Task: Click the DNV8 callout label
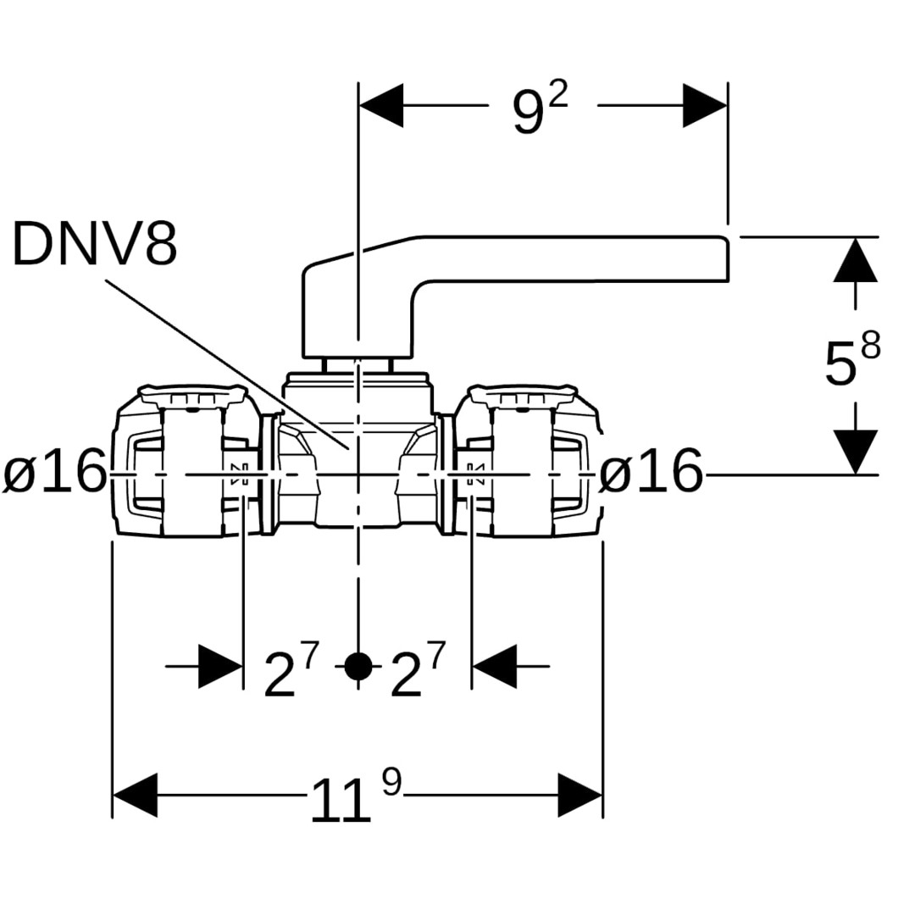(x=95, y=244)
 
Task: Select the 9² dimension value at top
(x=540, y=110)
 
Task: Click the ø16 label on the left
(x=56, y=472)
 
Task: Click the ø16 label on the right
(x=651, y=472)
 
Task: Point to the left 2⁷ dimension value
(x=291, y=672)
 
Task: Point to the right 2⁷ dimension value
(x=418, y=672)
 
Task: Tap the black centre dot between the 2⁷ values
(x=358, y=667)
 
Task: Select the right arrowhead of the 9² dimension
(x=705, y=105)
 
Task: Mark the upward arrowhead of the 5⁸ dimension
(x=855, y=260)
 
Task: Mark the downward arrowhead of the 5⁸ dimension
(x=855, y=452)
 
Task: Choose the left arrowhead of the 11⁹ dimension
(x=135, y=795)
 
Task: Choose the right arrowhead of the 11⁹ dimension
(x=580, y=795)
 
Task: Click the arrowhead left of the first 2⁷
(x=220, y=667)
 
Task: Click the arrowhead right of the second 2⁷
(x=495, y=667)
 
